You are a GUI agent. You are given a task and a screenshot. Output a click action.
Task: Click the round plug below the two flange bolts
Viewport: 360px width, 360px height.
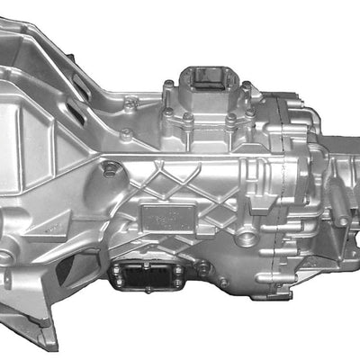point(110,168)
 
